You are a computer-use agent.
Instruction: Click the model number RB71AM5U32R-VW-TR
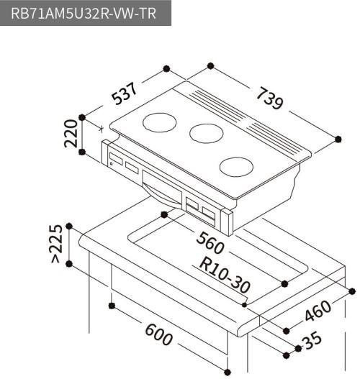point(85,14)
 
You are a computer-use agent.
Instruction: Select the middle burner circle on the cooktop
point(206,132)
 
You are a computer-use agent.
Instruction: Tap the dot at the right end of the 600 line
point(228,371)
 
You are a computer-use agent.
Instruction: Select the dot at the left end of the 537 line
point(85,117)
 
